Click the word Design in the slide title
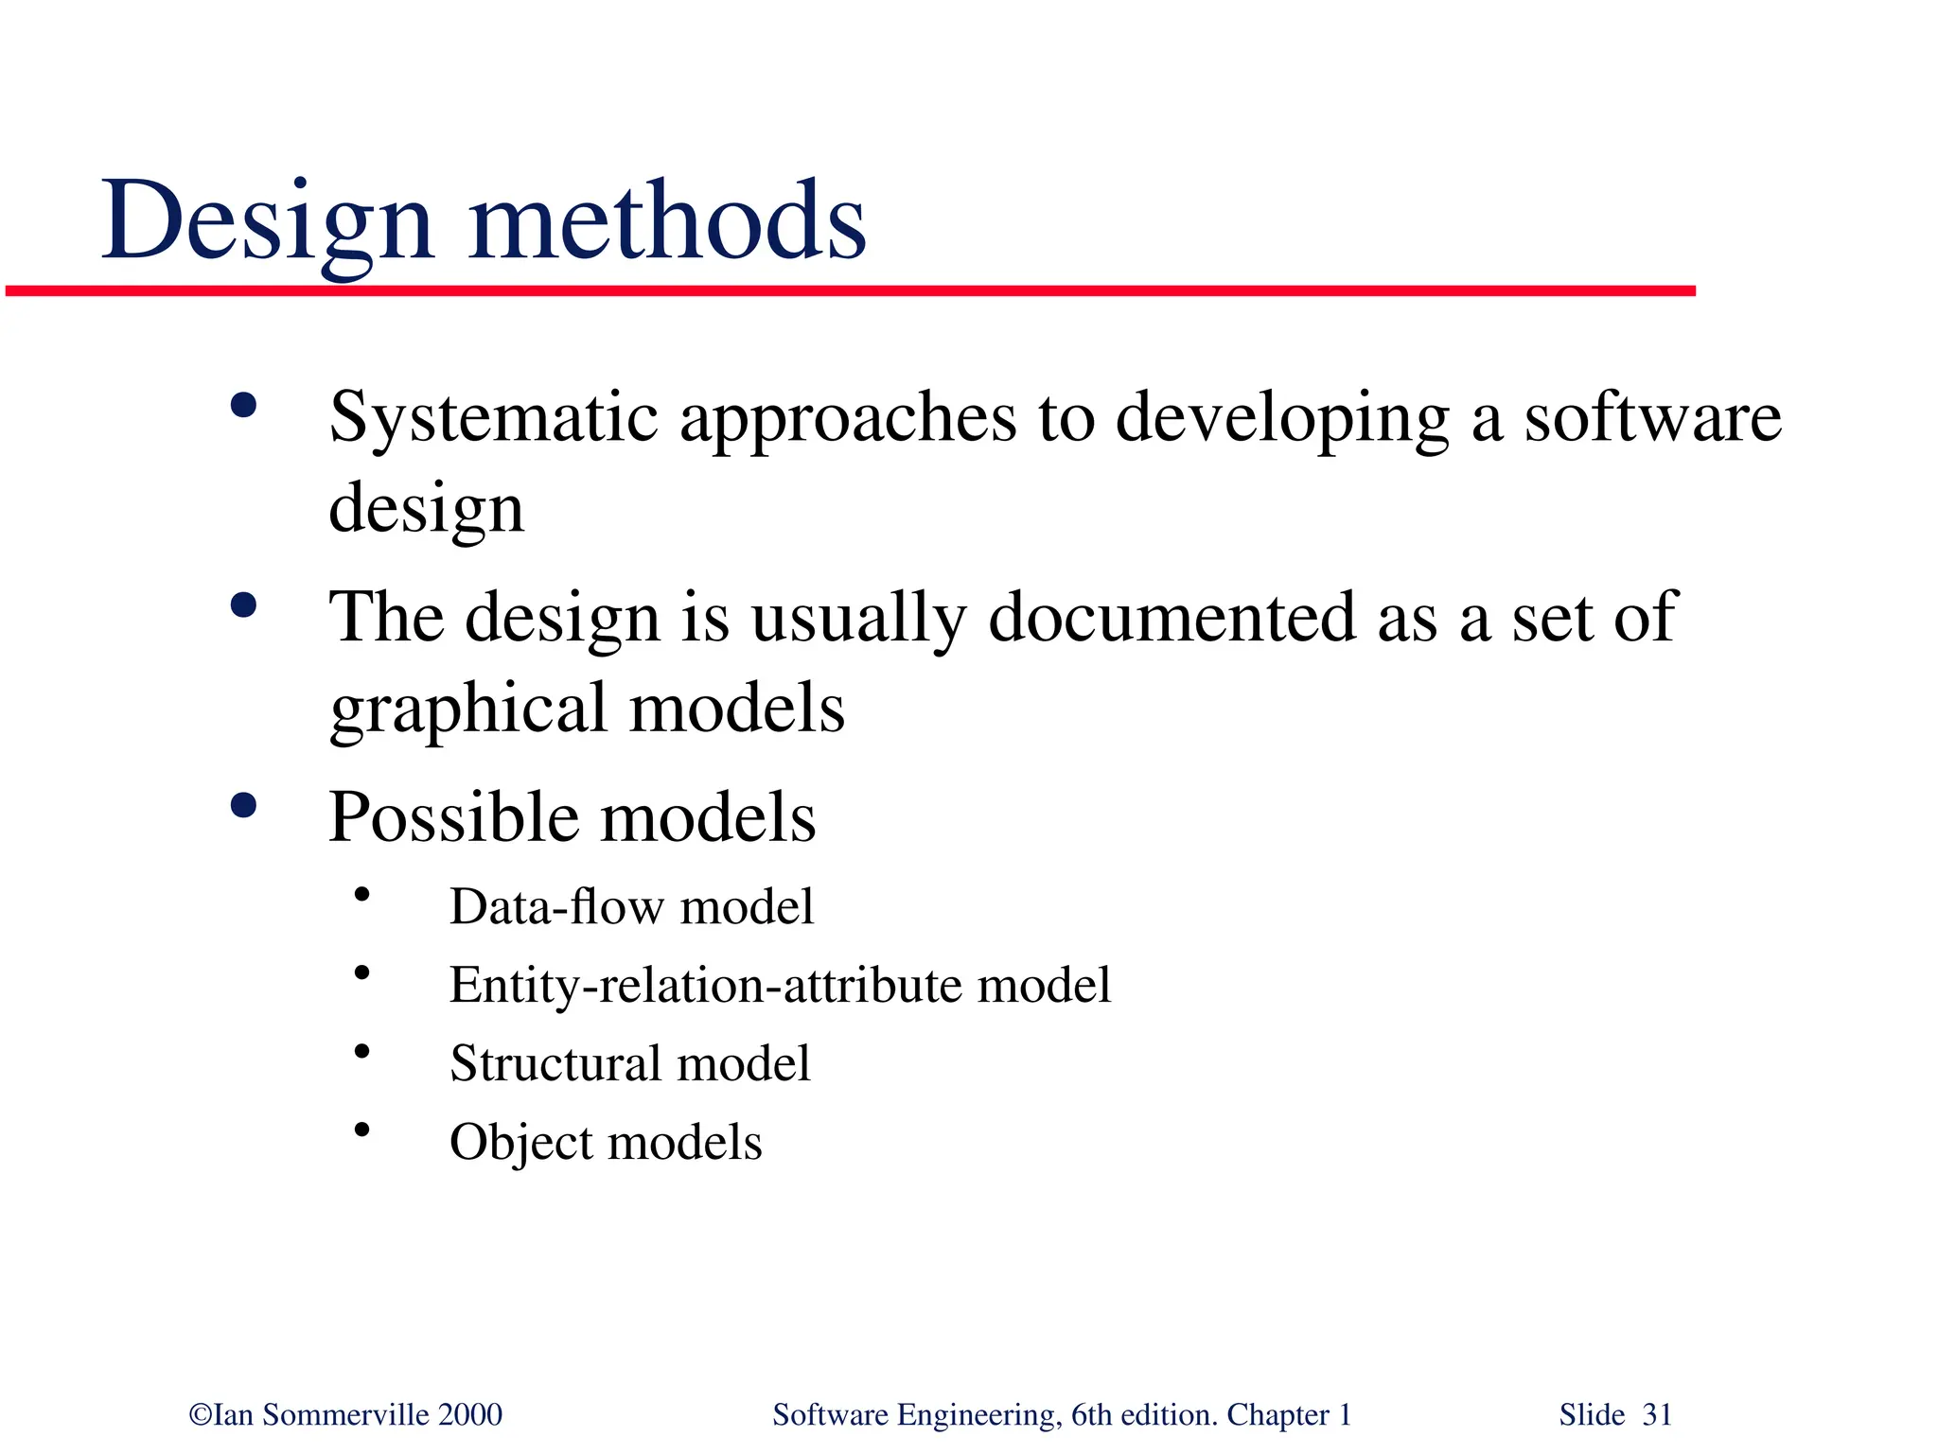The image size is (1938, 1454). (x=268, y=222)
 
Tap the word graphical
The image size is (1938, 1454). (x=467, y=709)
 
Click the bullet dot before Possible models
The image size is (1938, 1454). (x=243, y=806)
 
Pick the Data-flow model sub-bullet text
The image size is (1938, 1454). (x=631, y=906)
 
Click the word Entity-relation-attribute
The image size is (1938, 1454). (x=705, y=985)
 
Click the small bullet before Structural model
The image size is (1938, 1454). (x=361, y=1051)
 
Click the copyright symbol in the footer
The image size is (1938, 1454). (x=200, y=1415)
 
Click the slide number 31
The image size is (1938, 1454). (x=1657, y=1415)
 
